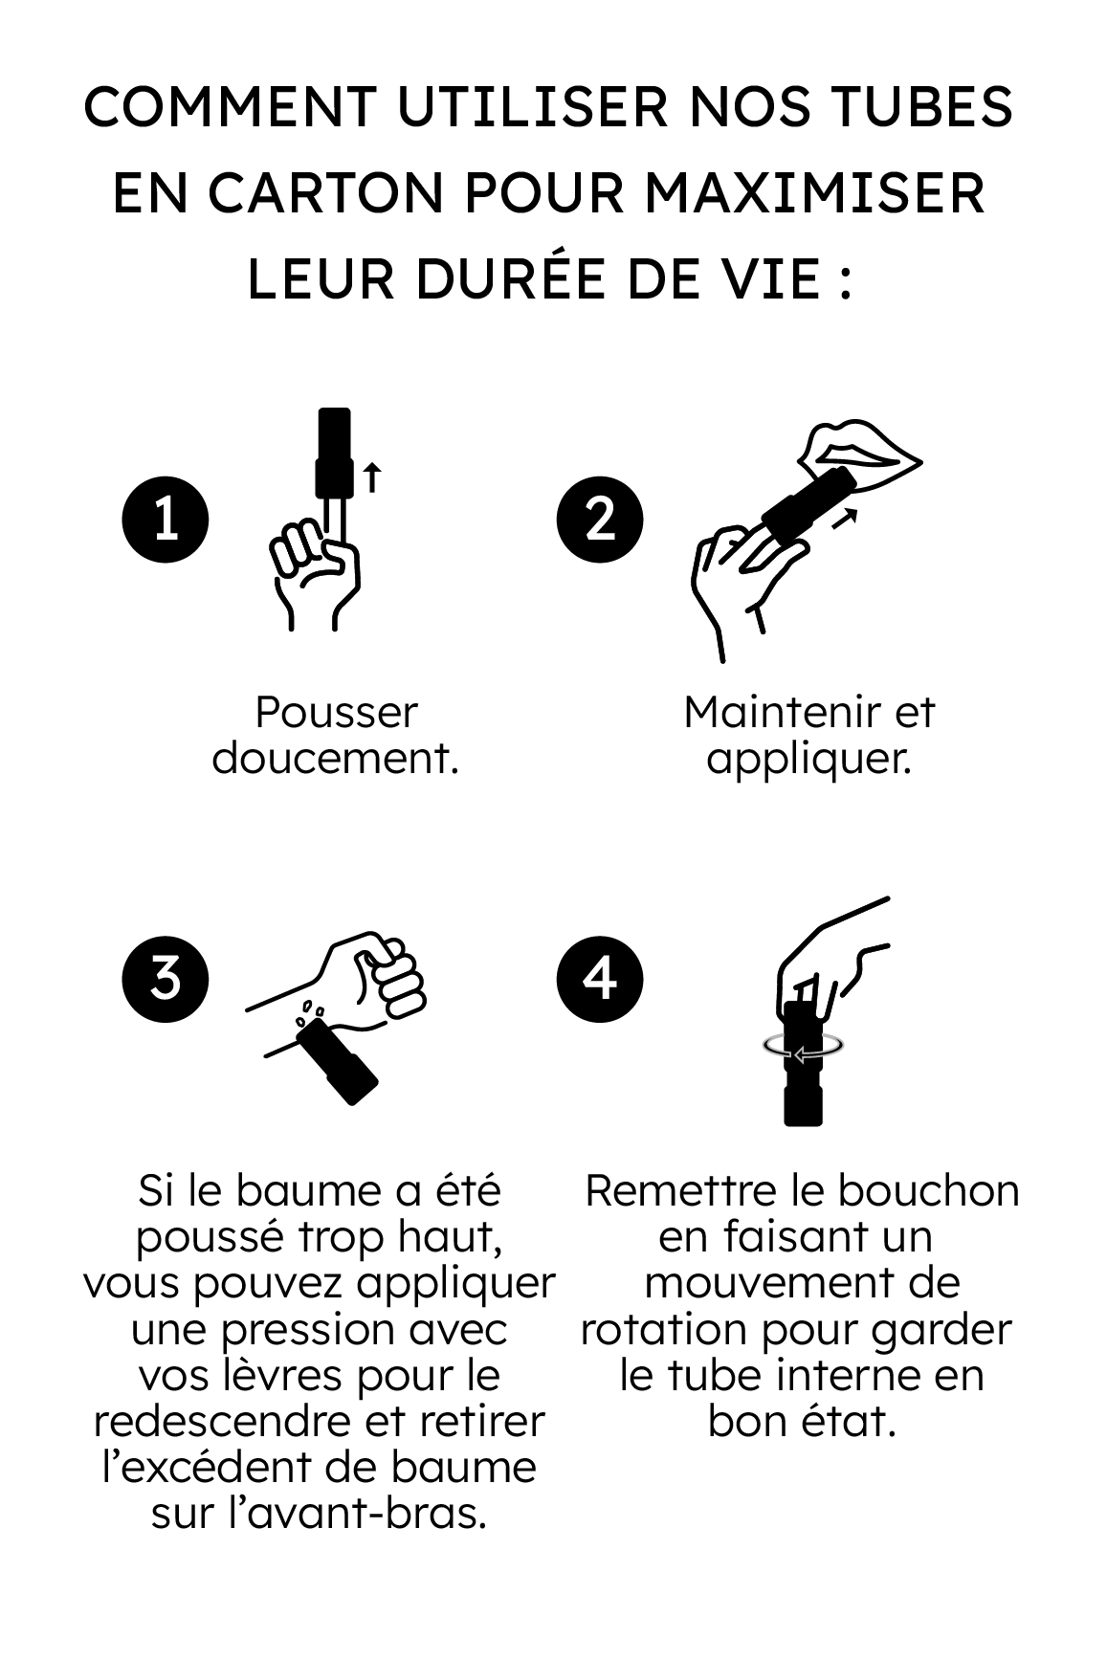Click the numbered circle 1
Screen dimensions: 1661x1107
[166, 519]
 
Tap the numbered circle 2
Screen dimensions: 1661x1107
[600, 519]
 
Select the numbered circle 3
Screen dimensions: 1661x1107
[166, 978]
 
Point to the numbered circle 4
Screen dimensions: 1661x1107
[600, 978]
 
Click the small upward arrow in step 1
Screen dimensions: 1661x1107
[372, 476]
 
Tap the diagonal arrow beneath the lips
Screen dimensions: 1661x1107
[843, 518]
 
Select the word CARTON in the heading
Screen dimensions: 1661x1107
[328, 193]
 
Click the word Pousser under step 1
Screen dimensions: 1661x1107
[336, 713]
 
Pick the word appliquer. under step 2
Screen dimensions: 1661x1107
[808, 759]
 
